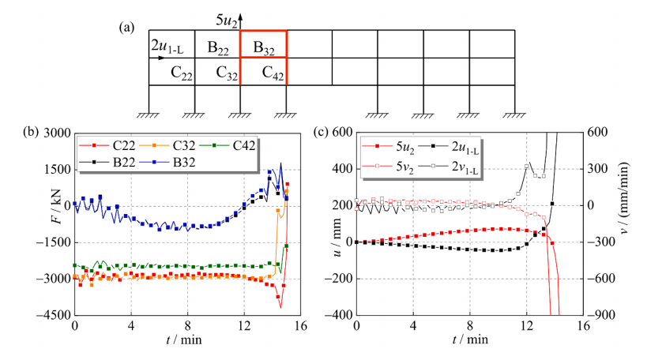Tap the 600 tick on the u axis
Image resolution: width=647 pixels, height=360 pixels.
coord(341,132)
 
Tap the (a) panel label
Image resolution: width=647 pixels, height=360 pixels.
coord(126,28)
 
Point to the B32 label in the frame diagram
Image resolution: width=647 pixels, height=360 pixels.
coord(263,47)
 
